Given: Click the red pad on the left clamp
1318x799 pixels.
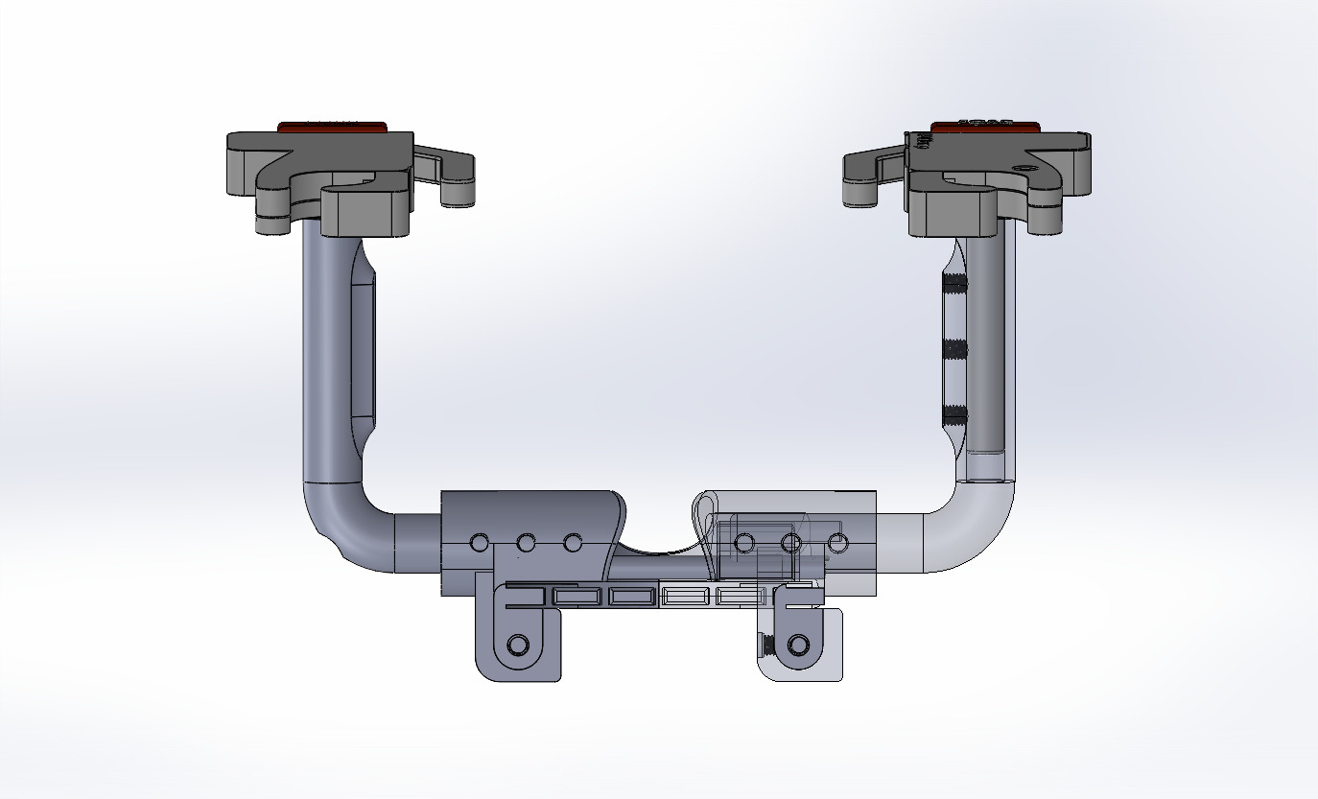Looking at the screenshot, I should point(331,126).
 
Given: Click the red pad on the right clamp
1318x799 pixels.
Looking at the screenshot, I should point(985,125).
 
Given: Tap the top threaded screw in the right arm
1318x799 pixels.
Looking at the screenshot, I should point(953,282).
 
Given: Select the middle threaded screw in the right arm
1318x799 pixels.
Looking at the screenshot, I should point(953,348).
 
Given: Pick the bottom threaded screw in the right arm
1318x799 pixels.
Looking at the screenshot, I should point(953,413).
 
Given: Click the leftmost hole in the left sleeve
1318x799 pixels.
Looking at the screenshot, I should point(479,544).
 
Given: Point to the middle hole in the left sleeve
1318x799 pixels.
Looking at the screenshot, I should point(526,544).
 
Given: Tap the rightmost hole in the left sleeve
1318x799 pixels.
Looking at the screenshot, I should point(573,544).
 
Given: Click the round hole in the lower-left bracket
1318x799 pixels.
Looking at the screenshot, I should point(518,644).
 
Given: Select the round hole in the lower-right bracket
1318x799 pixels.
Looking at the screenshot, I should point(796,644).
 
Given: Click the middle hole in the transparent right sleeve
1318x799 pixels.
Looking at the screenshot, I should point(791,544).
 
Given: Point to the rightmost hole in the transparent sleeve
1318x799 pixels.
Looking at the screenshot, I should point(837,544).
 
